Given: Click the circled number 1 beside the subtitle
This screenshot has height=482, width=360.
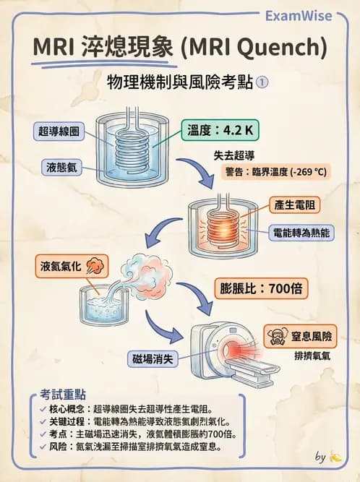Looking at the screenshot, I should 262,82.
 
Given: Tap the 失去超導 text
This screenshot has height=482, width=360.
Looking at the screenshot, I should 235,155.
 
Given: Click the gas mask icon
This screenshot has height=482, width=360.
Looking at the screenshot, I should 275,336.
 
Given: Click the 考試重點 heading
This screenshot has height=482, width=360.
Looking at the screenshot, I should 64,395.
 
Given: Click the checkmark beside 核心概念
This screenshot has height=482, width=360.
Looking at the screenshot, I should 44,409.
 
